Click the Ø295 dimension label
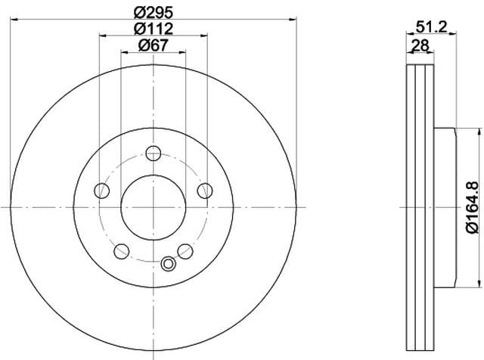(x=154, y=13)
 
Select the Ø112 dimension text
(x=154, y=29)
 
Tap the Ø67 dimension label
(x=154, y=45)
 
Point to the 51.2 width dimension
(x=431, y=27)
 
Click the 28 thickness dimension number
(x=420, y=46)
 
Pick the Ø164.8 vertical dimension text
(x=472, y=207)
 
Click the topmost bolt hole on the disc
(x=154, y=153)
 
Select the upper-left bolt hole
(x=102, y=191)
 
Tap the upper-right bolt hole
(x=205, y=191)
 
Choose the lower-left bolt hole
(x=122, y=251)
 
